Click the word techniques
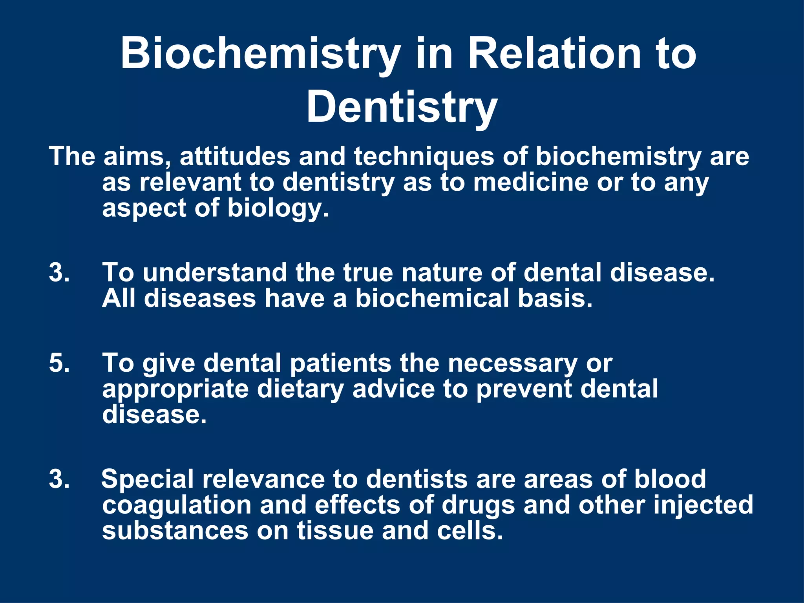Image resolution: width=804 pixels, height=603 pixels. (424, 156)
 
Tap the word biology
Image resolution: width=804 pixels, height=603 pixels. (278, 208)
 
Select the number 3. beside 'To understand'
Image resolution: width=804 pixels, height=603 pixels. (59, 272)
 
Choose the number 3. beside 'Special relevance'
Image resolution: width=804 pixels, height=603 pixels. (59, 479)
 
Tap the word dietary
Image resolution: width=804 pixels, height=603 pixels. (300, 389)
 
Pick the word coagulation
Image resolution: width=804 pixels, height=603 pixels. (176, 506)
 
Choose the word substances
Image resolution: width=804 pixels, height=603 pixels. (175, 530)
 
